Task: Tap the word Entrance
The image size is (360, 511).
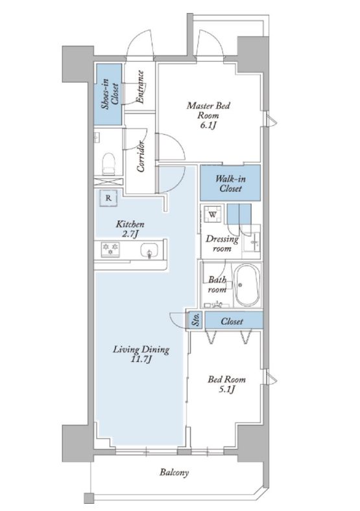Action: click(x=139, y=87)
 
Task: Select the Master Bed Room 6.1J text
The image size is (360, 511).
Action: click(x=208, y=115)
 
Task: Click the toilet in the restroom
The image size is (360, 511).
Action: click(x=109, y=164)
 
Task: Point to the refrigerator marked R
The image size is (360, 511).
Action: click(x=108, y=198)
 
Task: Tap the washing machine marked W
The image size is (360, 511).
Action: click(x=213, y=215)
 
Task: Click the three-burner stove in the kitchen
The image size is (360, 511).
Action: click(x=110, y=249)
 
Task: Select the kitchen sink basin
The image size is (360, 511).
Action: click(x=150, y=251)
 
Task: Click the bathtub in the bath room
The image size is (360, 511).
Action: click(x=248, y=285)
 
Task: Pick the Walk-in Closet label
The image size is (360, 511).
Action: click(x=230, y=184)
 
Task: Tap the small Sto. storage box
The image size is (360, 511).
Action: click(x=196, y=321)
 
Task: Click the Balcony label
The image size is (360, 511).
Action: click(x=174, y=472)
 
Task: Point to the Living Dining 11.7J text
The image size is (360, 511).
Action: click(x=141, y=354)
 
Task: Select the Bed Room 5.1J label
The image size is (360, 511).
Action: click(x=226, y=384)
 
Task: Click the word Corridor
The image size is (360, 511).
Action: click(x=141, y=156)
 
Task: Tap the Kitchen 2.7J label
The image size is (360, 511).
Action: click(x=130, y=229)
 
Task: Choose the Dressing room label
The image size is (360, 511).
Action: click(x=222, y=244)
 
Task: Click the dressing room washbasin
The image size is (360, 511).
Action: click(x=252, y=241)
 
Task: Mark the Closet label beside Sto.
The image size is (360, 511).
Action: click(x=232, y=322)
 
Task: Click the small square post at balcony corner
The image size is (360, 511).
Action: click(x=88, y=498)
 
